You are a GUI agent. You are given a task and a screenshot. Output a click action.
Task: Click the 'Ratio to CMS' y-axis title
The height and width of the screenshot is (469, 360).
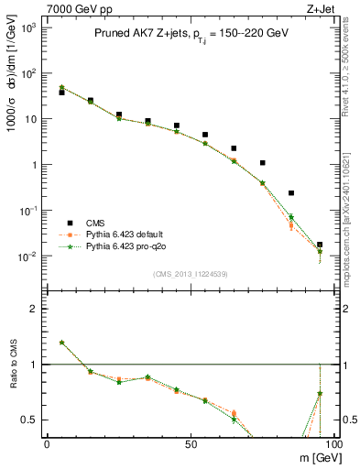coord(12,377)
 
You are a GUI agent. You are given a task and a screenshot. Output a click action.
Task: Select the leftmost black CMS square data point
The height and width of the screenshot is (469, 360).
coord(61,93)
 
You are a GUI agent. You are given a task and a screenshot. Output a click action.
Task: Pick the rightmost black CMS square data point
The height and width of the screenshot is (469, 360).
coord(320,245)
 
